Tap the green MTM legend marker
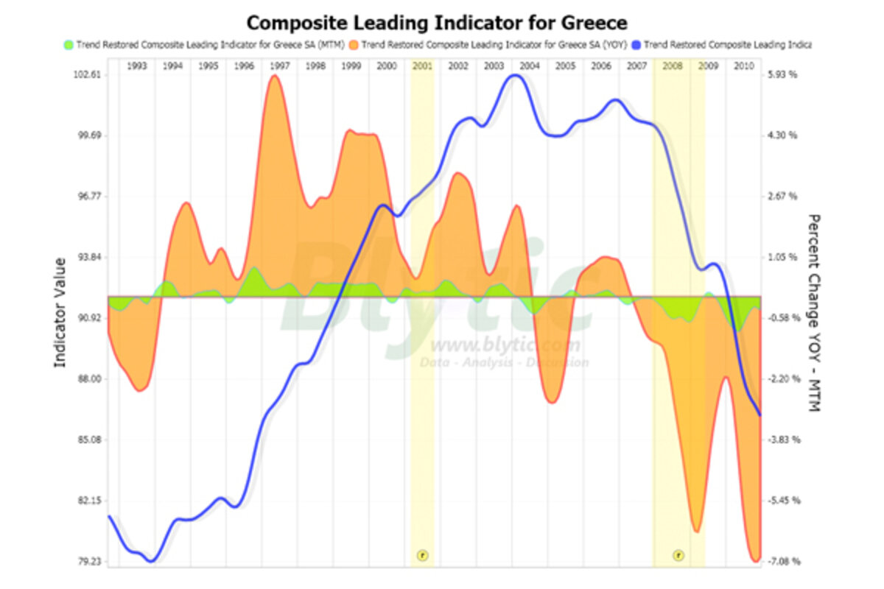click(x=69, y=45)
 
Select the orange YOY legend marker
click(x=354, y=45)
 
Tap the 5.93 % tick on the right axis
click(x=782, y=75)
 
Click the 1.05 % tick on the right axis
click(x=782, y=257)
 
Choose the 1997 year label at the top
click(x=279, y=66)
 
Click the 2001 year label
click(x=422, y=66)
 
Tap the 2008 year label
click(x=672, y=66)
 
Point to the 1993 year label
click(x=137, y=66)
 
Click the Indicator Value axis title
click(x=61, y=312)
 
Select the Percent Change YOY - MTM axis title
click(x=814, y=312)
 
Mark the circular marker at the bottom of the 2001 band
click(x=422, y=554)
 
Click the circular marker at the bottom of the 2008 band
click(x=678, y=554)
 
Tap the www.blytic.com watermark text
click(x=505, y=345)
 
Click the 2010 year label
click(x=743, y=66)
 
